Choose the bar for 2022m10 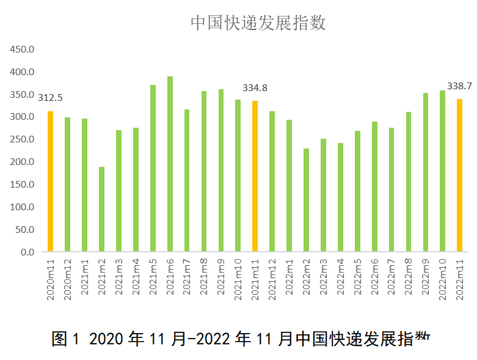(442, 171)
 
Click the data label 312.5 (51, 98)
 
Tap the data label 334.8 (255, 88)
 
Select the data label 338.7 (459, 86)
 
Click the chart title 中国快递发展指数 (258, 23)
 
